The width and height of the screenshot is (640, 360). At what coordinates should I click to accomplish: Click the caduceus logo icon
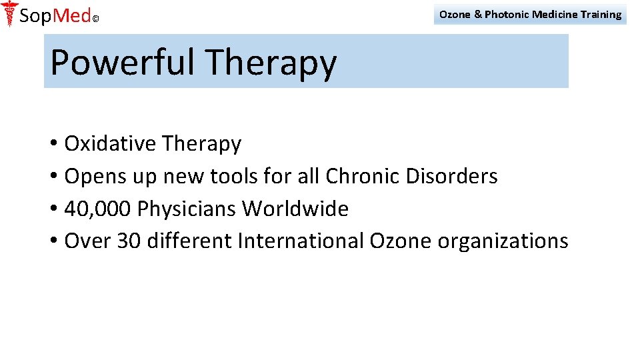point(9,14)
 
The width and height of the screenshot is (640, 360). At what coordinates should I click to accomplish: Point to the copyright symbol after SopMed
point(95,19)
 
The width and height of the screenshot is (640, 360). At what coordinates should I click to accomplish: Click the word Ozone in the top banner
point(455,14)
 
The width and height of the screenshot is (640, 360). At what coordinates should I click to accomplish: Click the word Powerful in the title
point(123,63)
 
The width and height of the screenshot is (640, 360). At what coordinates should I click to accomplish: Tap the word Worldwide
point(295,209)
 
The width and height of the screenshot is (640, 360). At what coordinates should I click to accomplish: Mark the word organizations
point(503,241)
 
